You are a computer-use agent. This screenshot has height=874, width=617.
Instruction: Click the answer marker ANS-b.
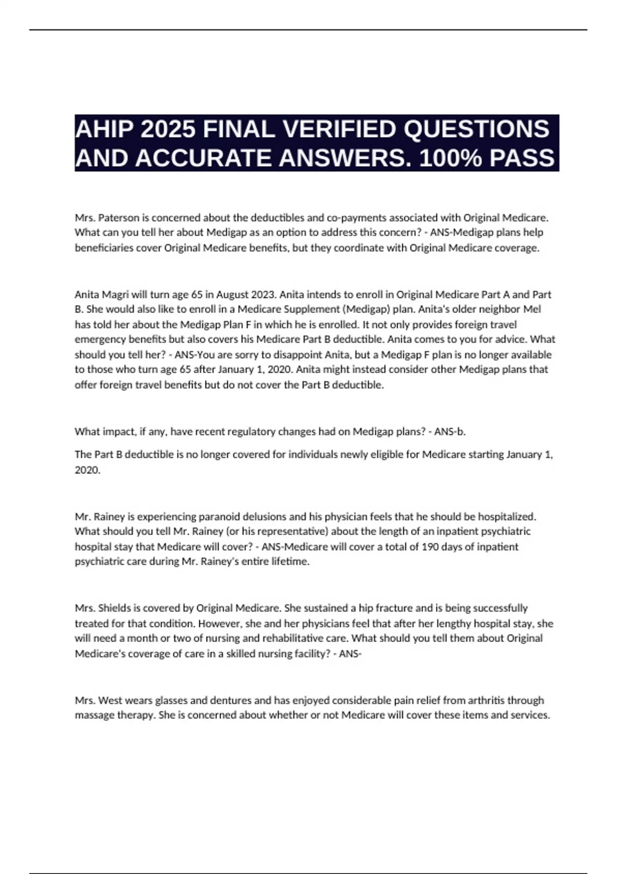click(x=450, y=432)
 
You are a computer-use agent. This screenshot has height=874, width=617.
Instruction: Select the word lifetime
click(x=291, y=561)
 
